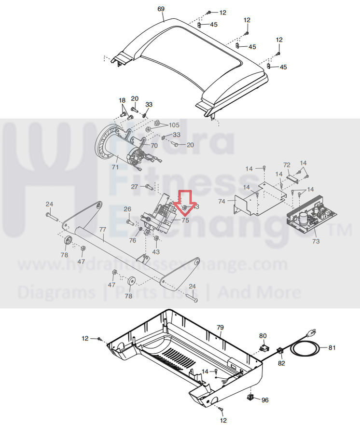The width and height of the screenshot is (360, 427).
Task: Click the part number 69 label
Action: coord(161,9)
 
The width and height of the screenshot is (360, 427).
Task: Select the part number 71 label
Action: coord(115,167)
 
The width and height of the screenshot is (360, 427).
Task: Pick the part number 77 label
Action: coord(102,230)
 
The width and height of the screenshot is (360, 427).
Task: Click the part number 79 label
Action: coord(220,327)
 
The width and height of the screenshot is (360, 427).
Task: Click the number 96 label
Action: coord(264,400)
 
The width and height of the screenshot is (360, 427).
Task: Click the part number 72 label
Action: coord(286,165)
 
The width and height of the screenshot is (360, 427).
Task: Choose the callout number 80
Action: coord(263,335)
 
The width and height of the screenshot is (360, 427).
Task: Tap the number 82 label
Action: coord(281,364)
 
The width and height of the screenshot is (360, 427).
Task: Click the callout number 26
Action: coord(127,209)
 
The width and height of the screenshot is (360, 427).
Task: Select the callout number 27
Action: coord(135,186)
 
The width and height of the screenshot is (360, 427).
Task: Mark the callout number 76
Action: coord(133,240)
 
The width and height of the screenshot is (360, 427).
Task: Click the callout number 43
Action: coord(156,251)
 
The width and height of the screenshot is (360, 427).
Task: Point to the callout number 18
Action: coord(123,100)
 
